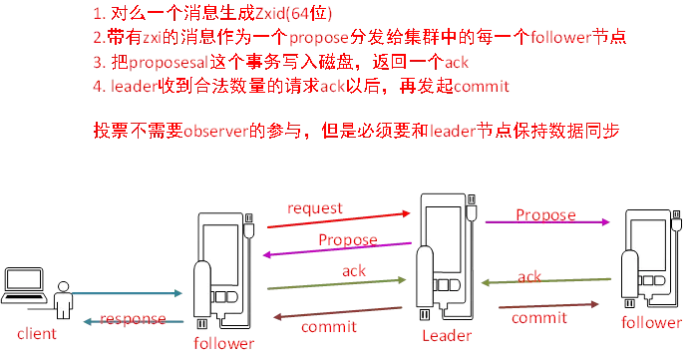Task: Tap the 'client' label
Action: pos(30,329)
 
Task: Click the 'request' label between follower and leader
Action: pos(314,209)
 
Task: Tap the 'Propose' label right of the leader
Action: pos(545,214)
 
